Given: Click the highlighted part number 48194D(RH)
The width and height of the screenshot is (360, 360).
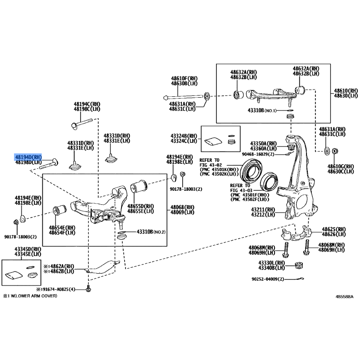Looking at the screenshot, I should (28, 157).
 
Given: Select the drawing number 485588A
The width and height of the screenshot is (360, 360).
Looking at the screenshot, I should (344, 297).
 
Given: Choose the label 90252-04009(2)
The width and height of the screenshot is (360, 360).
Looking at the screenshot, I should (268, 279).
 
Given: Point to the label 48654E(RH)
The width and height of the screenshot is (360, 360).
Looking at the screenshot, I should (63, 228).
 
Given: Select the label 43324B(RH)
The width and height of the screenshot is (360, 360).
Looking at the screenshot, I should (184, 136).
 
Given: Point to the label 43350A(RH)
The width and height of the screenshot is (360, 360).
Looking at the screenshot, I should (264, 143).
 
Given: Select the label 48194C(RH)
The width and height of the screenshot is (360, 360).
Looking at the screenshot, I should (87, 104).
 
